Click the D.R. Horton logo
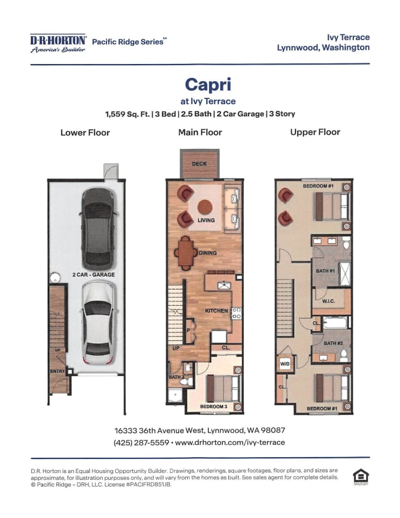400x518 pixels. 58,43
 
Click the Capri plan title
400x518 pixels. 208,84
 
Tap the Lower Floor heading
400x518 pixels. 85,132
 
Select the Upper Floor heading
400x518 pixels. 315,132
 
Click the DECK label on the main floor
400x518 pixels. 199,164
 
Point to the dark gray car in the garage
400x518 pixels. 98,229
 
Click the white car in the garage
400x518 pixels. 98,323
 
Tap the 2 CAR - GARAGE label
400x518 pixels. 94,274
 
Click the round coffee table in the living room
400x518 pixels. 205,207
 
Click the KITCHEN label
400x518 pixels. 217,311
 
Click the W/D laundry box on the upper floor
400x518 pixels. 285,364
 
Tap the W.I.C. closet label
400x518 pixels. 329,301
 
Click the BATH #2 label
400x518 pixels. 333,343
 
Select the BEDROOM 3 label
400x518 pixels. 214,406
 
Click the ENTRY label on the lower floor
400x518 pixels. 57,371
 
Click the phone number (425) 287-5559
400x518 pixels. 141,442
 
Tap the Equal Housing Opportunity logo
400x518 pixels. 361,477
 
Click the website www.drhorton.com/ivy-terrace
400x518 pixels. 230,442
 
